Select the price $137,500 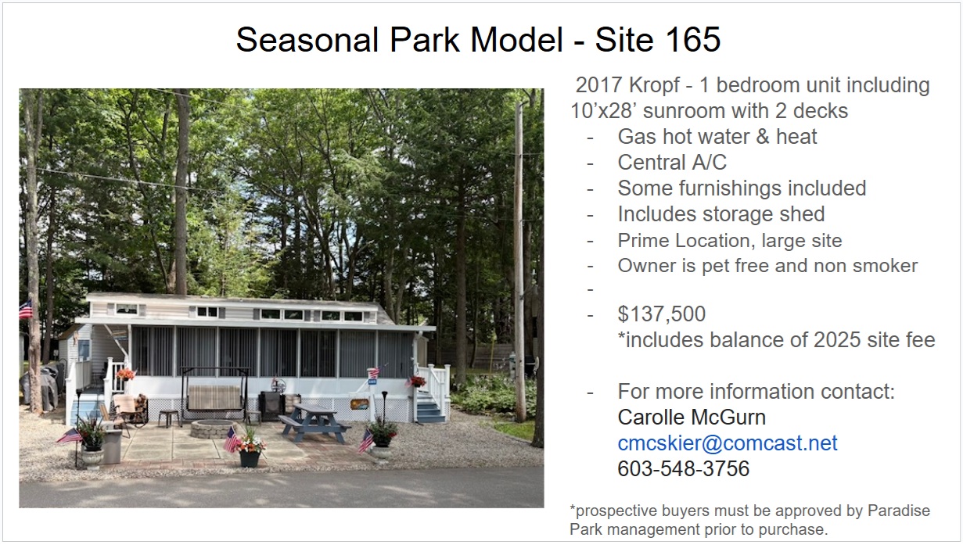point(662,314)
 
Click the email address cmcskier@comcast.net point(728,443)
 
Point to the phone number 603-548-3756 point(684,468)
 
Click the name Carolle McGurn point(692,417)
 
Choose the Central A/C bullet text point(672,163)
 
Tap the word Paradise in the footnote point(899,511)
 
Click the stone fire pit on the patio point(213,428)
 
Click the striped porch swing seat point(214,397)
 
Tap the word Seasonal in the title point(307,40)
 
